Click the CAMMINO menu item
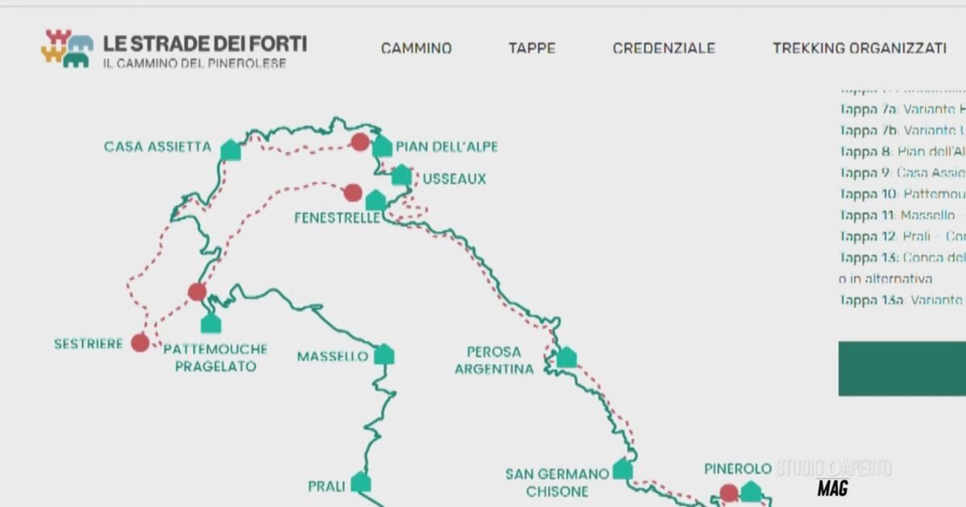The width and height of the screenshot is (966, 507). [416, 48]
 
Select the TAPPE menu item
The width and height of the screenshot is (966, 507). [531, 48]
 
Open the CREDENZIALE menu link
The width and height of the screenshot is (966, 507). [663, 48]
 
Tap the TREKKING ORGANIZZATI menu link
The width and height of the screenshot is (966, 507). [859, 48]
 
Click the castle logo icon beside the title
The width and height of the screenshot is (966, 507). [67, 48]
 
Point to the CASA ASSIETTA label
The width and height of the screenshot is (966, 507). [158, 147]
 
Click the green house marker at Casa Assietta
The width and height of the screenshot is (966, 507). [231, 150]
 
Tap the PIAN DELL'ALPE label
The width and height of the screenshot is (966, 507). [447, 147]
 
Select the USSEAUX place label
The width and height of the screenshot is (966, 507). [455, 179]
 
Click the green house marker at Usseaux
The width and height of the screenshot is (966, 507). [401, 175]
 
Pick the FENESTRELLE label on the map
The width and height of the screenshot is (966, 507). [336, 218]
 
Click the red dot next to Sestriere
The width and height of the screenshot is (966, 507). [140, 343]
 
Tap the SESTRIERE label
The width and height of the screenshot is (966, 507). [89, 344]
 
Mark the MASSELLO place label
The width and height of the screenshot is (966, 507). [332, 356]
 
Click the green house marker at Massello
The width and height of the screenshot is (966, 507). [384, 354]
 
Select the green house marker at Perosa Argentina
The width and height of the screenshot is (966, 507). [567, 357]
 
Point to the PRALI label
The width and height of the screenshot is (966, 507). [327, 486]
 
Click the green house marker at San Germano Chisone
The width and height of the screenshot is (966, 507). [622, 469]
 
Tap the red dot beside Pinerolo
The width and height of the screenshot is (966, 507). [729, 493]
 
